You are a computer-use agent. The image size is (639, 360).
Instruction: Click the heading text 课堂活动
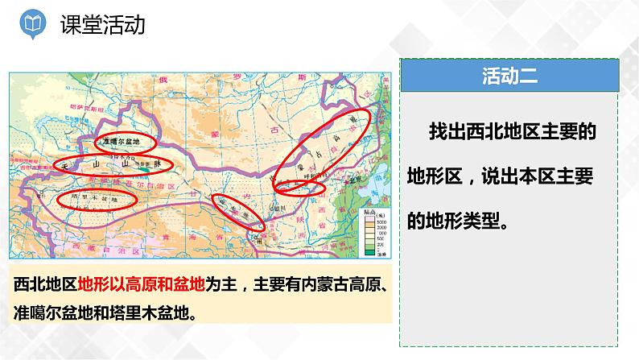click(102, 26)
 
